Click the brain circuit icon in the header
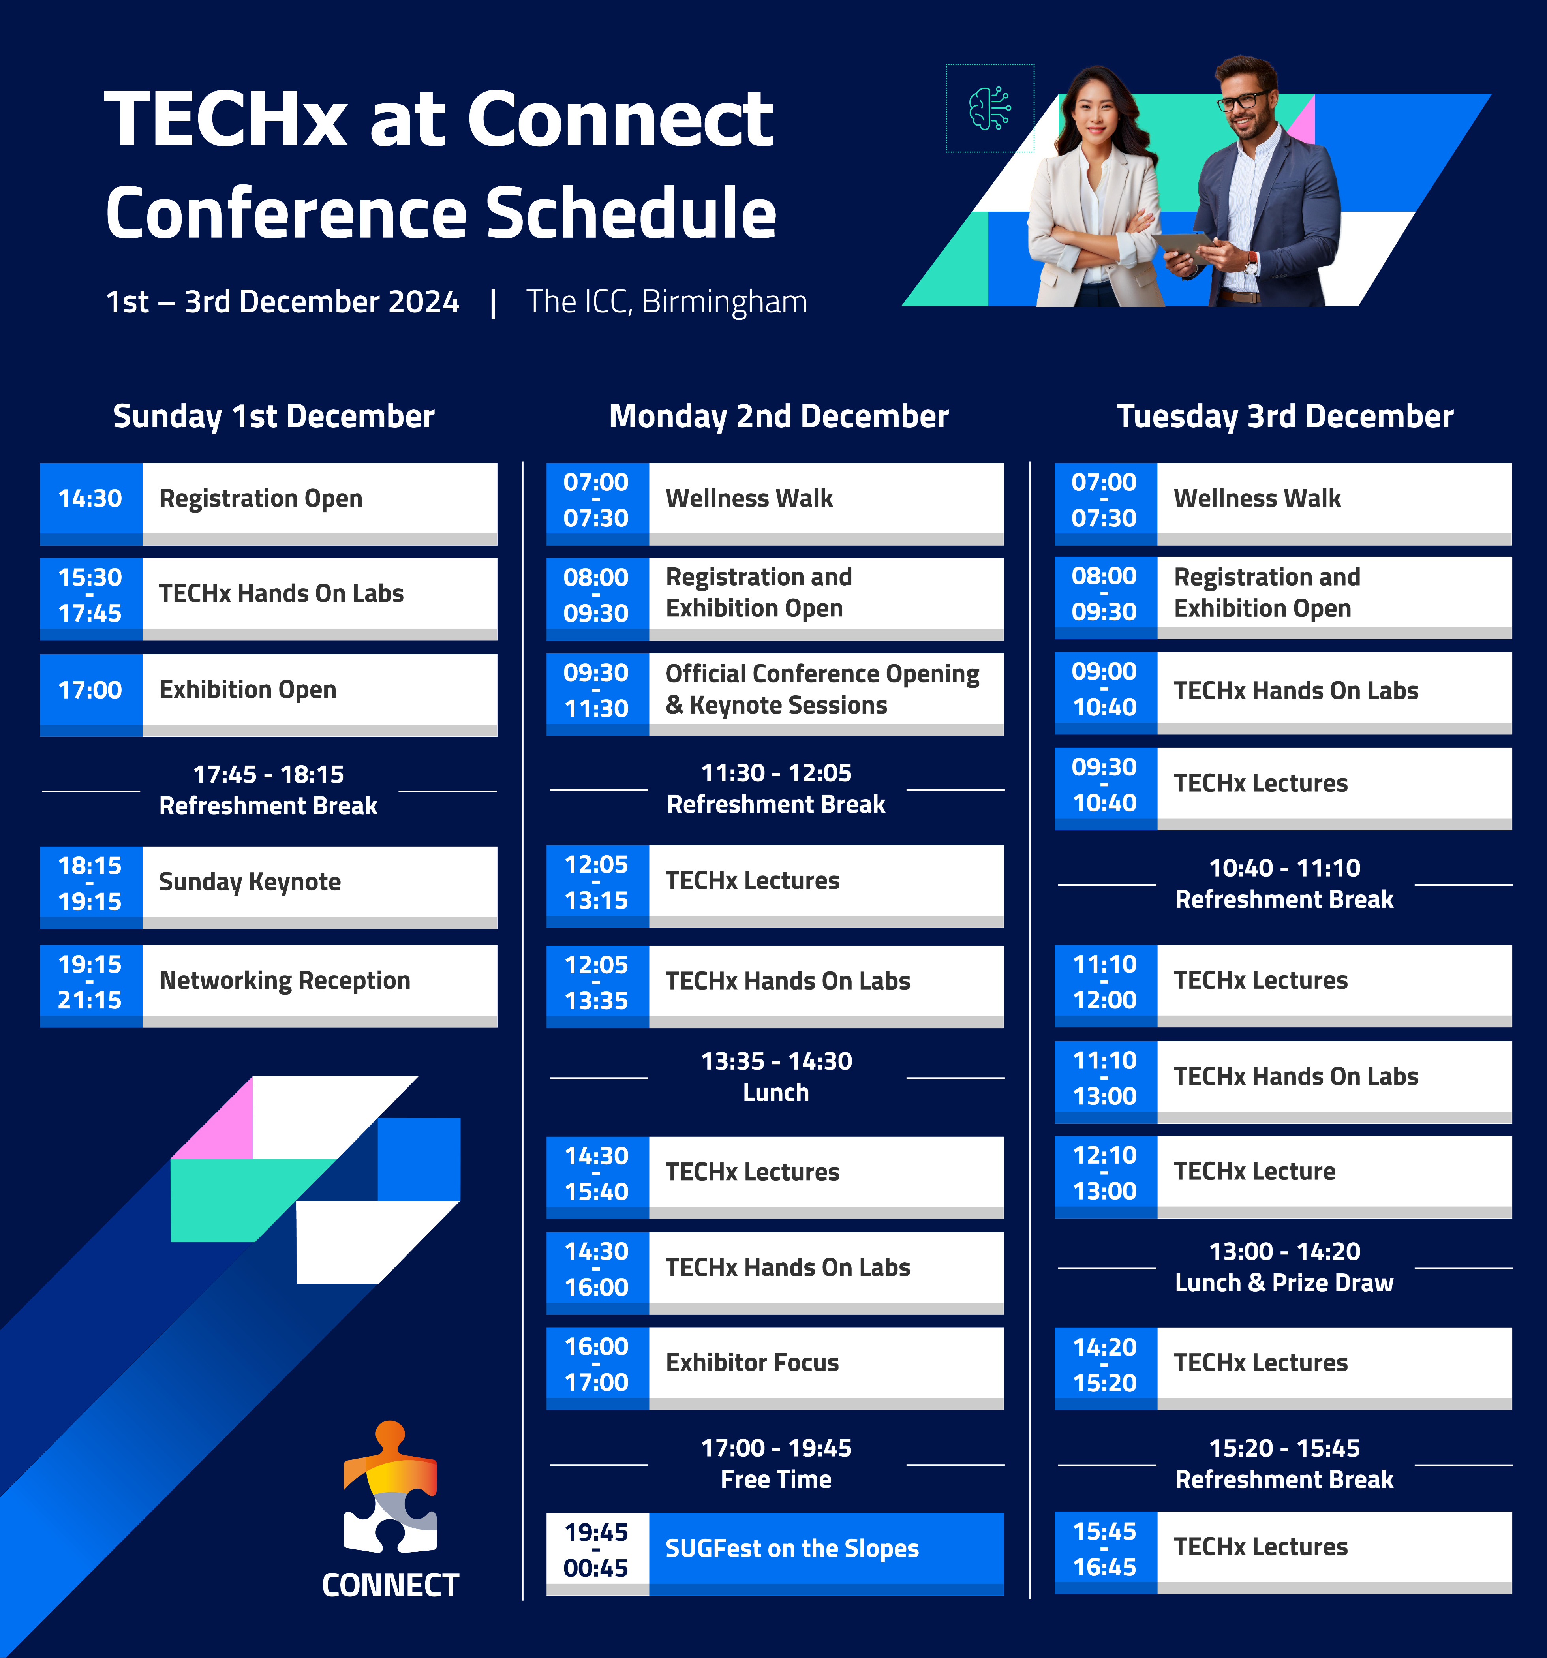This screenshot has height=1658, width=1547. point(990,109)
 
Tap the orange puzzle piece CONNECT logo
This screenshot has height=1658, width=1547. point(390,1487)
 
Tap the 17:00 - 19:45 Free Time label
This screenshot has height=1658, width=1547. point(776,1464)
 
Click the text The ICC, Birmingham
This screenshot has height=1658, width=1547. point(666,302)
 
